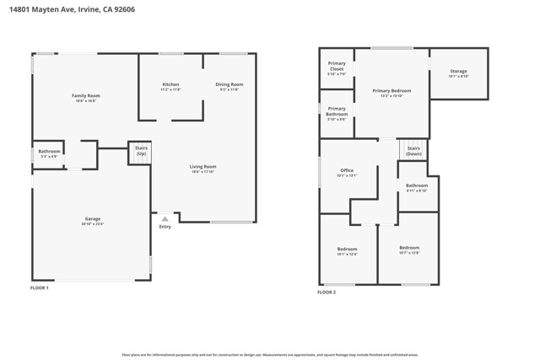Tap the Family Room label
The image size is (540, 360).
pos(86,96)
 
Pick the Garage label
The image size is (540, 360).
pos(91,219)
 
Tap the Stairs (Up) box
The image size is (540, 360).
pos(141,151)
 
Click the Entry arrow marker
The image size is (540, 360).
pos(165,218)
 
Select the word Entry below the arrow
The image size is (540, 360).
pos(165,227)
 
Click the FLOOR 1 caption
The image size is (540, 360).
pos(40,288)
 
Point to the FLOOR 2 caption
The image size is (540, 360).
pos(327,292)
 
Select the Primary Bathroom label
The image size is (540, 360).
pos(337,111)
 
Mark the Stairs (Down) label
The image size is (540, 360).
pos(413,151)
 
